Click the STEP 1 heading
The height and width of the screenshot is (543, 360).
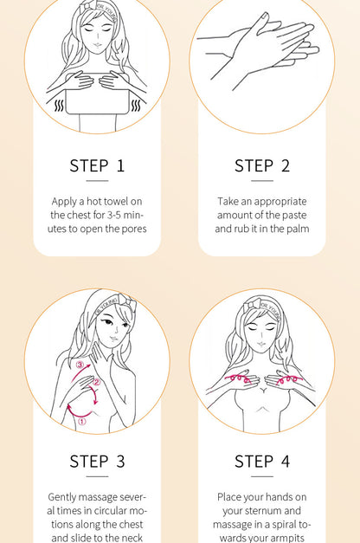97,165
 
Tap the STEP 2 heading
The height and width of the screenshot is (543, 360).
262,165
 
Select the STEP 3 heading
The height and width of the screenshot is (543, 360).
97,462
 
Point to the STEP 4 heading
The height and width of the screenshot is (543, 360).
262,462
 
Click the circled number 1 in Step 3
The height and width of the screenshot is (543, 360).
81,422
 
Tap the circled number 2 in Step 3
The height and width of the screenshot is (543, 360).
97,382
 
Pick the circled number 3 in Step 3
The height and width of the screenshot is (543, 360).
80,365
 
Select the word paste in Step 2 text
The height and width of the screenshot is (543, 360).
294,216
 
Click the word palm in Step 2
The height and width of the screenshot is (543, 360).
297,229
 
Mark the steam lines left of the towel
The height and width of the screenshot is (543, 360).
60,106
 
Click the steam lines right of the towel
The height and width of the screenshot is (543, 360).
136,106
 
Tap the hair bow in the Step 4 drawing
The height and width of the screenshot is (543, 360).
251,305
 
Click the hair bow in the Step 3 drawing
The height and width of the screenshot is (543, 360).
126,301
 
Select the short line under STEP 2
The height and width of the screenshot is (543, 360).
262,180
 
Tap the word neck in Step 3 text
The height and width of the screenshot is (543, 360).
131,538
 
